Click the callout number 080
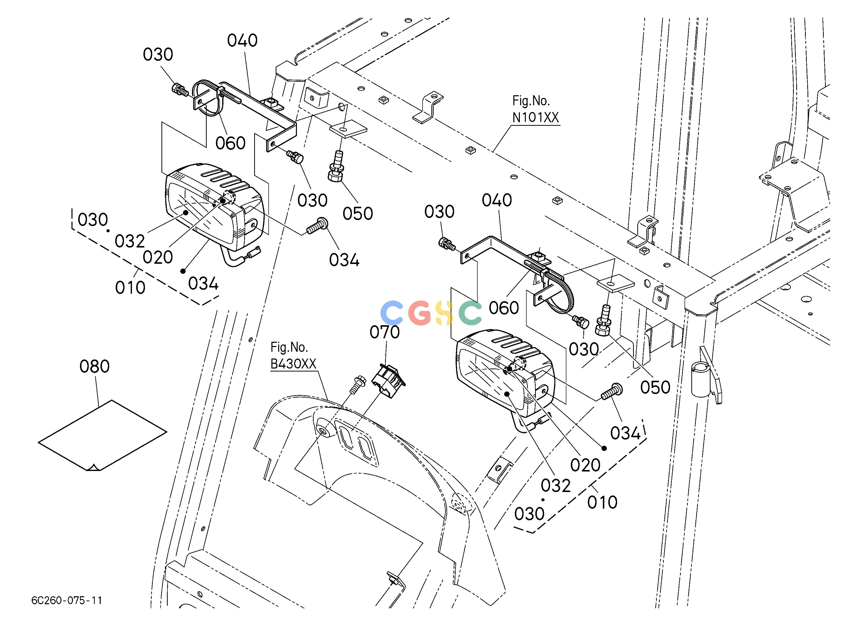(x=95, y=366)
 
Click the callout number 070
(x=385, y=332)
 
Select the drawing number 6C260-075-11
(x=67, y=600)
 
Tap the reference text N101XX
(x=536, y=117)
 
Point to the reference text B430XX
(x=293, y=364)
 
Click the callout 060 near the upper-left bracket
(x=230, y=143)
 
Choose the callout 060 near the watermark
(x=504, y=308)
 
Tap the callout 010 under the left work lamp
(x=130, y=288)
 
